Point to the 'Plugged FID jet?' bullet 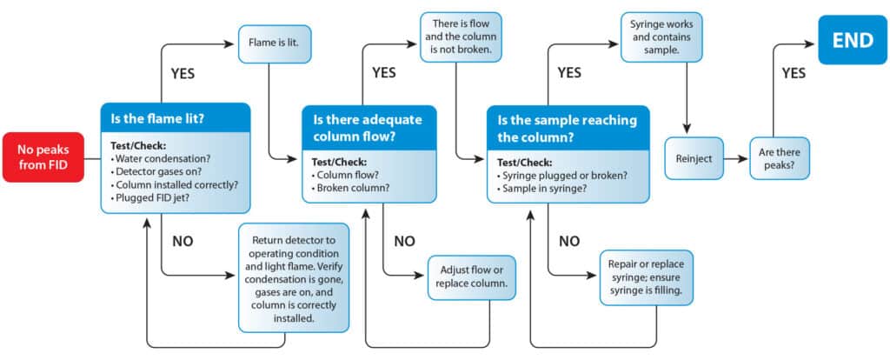coord(153,198)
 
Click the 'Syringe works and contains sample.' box coord(661,36)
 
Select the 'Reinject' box coord(694,159)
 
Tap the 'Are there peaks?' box coord(779,159)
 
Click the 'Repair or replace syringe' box coord(647,277)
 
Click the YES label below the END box coord(794,73)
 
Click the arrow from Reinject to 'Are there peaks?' coord(734,159)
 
